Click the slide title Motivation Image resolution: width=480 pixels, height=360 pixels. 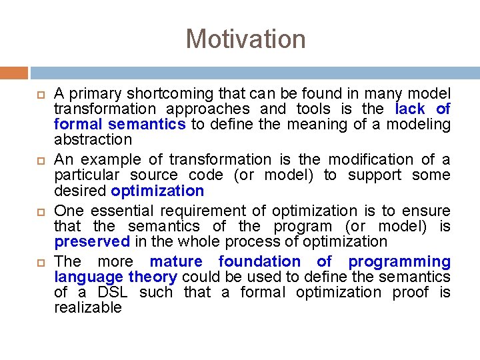245,39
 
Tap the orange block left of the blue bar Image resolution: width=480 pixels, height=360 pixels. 14,73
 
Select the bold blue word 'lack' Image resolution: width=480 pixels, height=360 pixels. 409,109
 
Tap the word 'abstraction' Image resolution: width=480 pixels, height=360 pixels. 93,139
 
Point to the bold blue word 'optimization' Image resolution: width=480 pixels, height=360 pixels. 157,191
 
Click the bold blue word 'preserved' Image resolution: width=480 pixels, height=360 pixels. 92,241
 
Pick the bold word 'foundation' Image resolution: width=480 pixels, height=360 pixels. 259,261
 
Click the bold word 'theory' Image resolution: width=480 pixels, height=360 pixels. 152,277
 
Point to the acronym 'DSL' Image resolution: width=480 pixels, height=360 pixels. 114,292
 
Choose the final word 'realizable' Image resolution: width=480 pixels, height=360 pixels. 88,307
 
